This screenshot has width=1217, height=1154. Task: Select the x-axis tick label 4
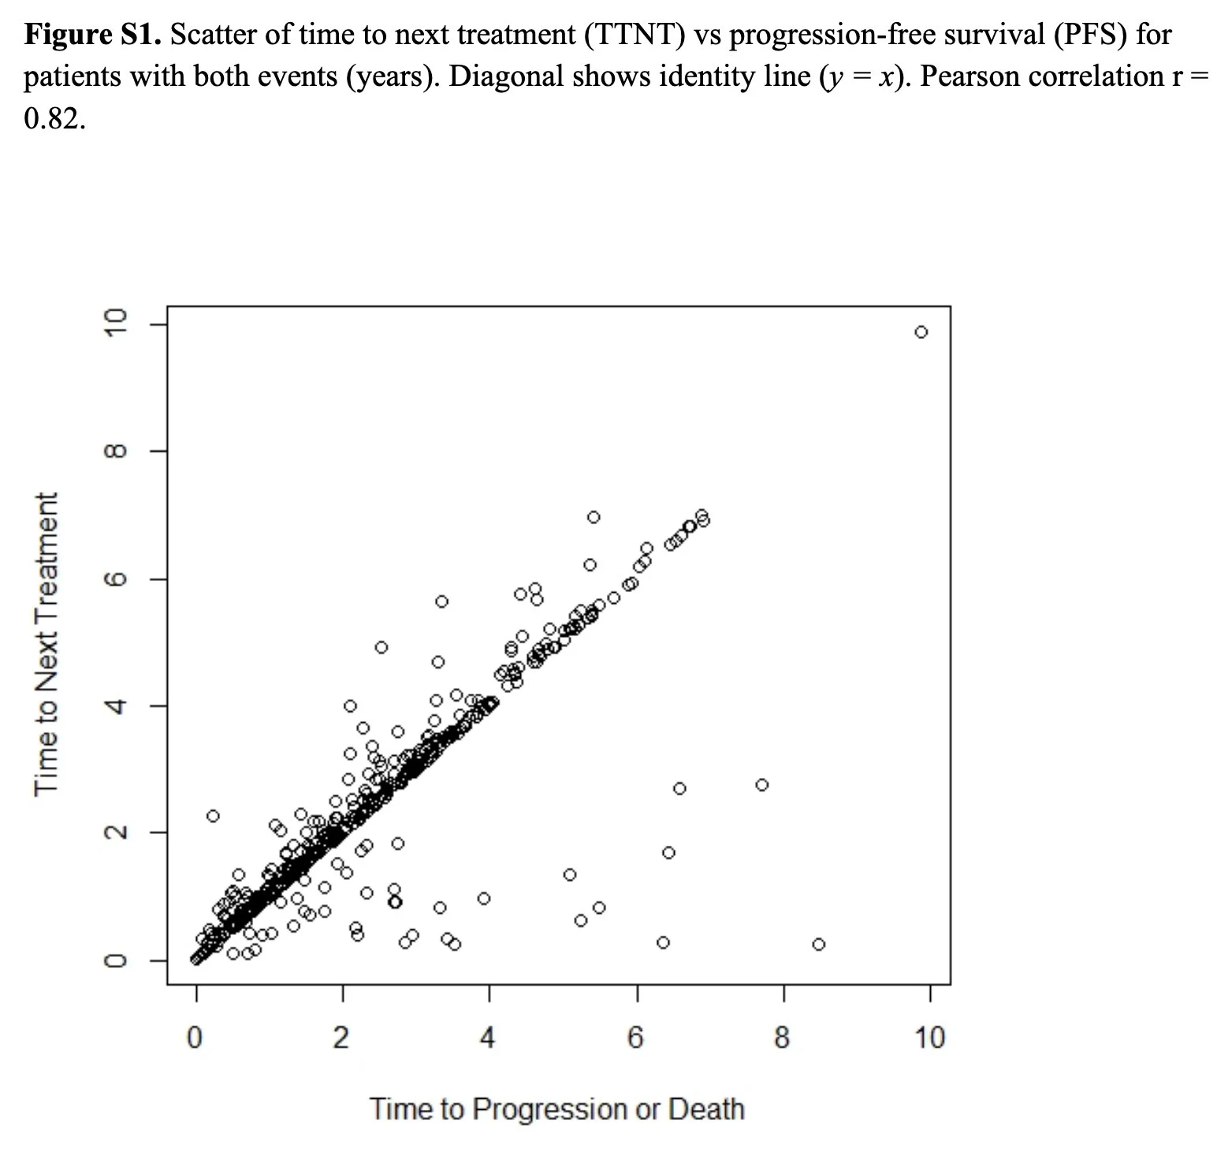488,1037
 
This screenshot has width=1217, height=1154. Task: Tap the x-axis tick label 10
929,1037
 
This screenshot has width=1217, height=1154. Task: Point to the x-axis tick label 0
195,1037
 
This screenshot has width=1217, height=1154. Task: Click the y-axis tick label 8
116,452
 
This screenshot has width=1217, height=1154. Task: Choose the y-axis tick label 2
116,832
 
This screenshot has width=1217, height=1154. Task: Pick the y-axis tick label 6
116,579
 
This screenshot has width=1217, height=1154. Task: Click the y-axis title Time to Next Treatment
47,644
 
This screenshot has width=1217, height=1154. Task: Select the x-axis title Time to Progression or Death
557,1108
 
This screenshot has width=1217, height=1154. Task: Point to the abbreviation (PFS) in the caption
1092,35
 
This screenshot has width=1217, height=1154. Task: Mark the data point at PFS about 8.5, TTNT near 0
818,944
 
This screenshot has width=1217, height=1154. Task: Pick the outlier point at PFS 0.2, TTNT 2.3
213,816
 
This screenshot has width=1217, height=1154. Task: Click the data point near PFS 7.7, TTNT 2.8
761,784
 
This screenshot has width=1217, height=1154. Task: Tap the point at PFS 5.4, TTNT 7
594,517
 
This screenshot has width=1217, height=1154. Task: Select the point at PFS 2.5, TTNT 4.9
381,647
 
